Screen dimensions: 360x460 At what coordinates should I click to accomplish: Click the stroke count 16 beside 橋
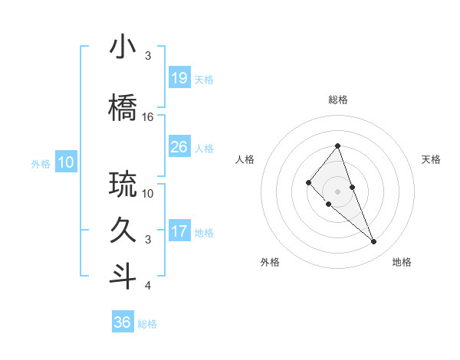click(x=148, y=117)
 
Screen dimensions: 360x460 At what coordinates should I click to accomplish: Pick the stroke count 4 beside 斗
click(x=148, y=286)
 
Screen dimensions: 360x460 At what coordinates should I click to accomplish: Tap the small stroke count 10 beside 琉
click(x=148, y=194)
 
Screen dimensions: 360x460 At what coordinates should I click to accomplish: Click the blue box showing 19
click(x=179, y=78)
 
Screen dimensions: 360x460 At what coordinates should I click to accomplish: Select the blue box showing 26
click(x=179, y=147)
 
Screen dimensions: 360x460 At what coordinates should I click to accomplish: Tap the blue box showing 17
click(x=179, y=231)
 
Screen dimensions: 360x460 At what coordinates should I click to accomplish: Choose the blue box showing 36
click(x=123, y=322)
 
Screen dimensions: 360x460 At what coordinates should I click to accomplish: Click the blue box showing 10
click(x=65, y=162)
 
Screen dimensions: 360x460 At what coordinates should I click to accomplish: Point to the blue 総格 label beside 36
click(x=147, y=324)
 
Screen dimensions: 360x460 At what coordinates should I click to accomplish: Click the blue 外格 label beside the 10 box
click(x=41, y=163)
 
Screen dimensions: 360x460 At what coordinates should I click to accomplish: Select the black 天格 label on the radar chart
click(x=431, y=159)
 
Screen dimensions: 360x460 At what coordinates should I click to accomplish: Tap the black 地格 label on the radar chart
click(x=402, y=262)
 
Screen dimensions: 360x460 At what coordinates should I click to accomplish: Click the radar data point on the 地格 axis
click(x=374, y=242)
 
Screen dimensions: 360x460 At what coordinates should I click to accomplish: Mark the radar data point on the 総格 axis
click(x=337, y=146)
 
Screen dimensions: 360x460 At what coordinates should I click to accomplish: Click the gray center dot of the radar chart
click(x=337, y=191)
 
